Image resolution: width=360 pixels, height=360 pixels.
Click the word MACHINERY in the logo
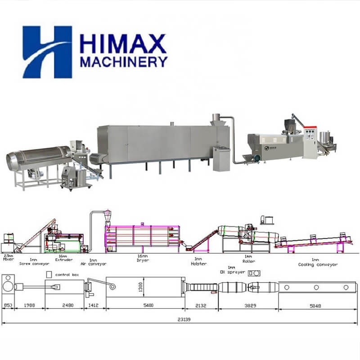(123, 61)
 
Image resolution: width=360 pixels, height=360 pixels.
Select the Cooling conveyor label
(318, 265)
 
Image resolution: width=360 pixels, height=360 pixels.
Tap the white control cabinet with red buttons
(309, 141)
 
